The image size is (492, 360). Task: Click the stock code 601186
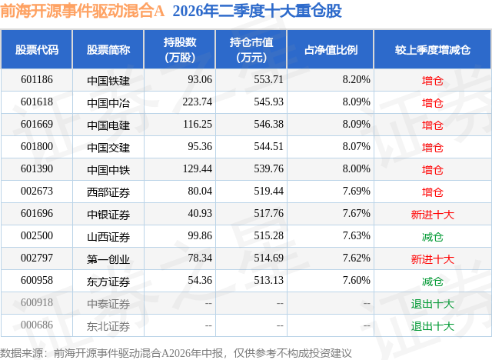tap(37, 80)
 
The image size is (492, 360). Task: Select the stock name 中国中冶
tap(108, 103)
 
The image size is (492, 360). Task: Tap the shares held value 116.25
tap(198, 125)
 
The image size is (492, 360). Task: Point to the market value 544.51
tap(268, 147)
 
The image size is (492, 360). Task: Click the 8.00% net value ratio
tap(356, 169)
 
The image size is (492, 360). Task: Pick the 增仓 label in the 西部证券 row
tap(432, 192)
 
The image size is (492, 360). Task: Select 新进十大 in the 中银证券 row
tap(432, 215)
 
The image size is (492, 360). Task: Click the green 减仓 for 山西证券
tap(432, 237)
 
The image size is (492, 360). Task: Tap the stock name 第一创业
tap(108, 259)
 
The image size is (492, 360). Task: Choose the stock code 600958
tap(37, 280)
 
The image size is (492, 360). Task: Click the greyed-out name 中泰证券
tap(108, 304)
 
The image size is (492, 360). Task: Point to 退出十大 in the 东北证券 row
tap(432, 326)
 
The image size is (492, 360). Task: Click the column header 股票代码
tap(37, 50)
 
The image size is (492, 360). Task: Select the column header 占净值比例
tap(331, 50)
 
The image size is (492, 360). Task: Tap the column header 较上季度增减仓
tap(432, 50)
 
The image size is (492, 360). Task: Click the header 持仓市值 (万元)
tap(251, 50)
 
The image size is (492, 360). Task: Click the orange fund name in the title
tap(82, 11)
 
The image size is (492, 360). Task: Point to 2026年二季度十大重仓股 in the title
tap(257, 11)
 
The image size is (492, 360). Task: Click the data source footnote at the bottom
tap(176, 353)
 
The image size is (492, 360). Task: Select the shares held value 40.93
tap(200, 213)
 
